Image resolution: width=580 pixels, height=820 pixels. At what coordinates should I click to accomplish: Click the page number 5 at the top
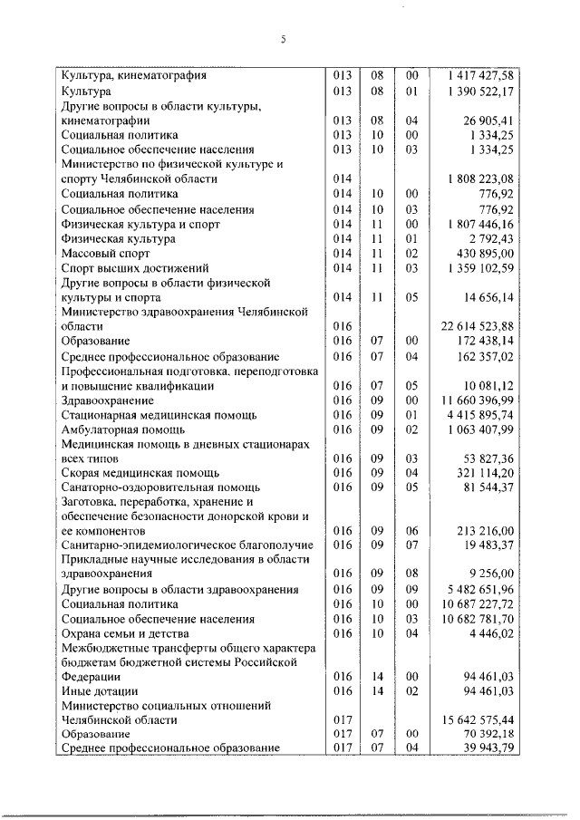[x=283, y=39]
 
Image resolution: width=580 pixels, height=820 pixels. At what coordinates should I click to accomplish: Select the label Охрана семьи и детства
[x=125, y=633]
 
